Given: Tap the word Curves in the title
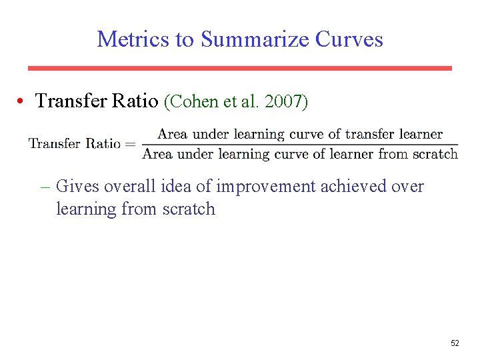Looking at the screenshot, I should click(x=349, y=39).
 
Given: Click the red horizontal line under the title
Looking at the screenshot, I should click(x=239, y=68).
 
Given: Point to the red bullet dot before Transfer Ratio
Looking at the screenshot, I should click(x=22, y=101).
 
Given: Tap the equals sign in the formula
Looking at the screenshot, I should click(x=129, y=143).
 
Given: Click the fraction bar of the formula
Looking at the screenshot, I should click(x=300, y=144).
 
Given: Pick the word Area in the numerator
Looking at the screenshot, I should click(x=172, y=134).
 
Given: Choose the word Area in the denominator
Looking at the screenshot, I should click(x=157, y=154).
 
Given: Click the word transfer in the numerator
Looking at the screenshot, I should click(x=370, y=134).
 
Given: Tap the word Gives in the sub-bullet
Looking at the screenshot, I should click(x=75, y=186).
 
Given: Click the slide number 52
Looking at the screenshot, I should click(x=455, y=343).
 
